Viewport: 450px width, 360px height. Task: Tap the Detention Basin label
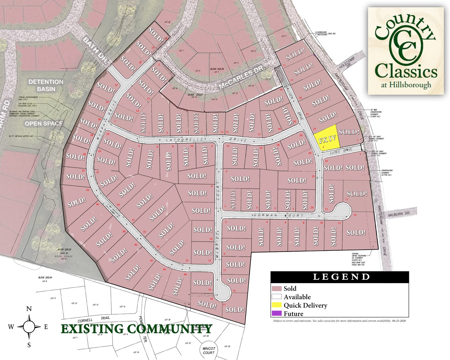(x=46, y=85)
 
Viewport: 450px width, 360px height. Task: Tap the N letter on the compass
(x=29, y=309)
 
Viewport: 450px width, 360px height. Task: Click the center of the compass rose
(x=29, y=326)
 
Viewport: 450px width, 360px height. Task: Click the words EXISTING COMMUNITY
(x=136, y=329)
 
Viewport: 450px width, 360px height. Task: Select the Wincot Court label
(x=209, y=351)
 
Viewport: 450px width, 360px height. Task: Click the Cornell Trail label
(x=94, y=319)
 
